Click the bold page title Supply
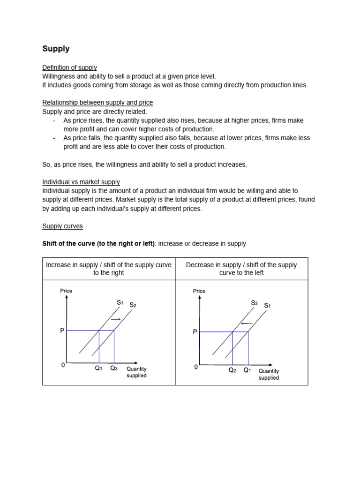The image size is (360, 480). pyautogui.click(x=56, y=49)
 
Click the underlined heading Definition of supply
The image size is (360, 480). pyautogui.click(x=69, y=67)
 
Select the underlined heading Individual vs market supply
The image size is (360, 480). pyautogui.click(x=81, y=182)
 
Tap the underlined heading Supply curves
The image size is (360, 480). pyautogui.click(x=62, y=226)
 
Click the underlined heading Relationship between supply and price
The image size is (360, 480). pyautogui.click(x=97, y=102)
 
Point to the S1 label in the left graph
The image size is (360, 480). pyautogui.click(x=120, y=303)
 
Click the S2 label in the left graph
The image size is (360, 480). pyautogui.click(x=133, y=305)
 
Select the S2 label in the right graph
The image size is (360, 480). pyautogui.click(x=255, y=303)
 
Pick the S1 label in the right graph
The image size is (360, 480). pyautogui.click(x=267, y=306)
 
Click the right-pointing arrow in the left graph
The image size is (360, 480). pyautogui.click(x=115, y=319)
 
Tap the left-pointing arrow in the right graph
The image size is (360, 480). pyautogui.click(x=247, y=323)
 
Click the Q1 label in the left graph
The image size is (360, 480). pyautogui.click(x=98, y=368)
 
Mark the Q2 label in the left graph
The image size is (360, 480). pyautogui.click(x=114, y=368)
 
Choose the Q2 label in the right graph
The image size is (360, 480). pyautogui.click(x=232, y=370)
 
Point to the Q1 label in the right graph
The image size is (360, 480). pyautogui.click(x=247, y=370)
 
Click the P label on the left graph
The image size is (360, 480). pyautogui.click(x=62, y=331)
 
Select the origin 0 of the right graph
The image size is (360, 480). pyautogui.click(x=196, y=367)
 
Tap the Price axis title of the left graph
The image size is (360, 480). pyautogui.click(x=66, y=291)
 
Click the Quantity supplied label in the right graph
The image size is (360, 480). pyautogui.click(x=269, y=374)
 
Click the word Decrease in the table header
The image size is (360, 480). pyautogui.click(x=200, y=265)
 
